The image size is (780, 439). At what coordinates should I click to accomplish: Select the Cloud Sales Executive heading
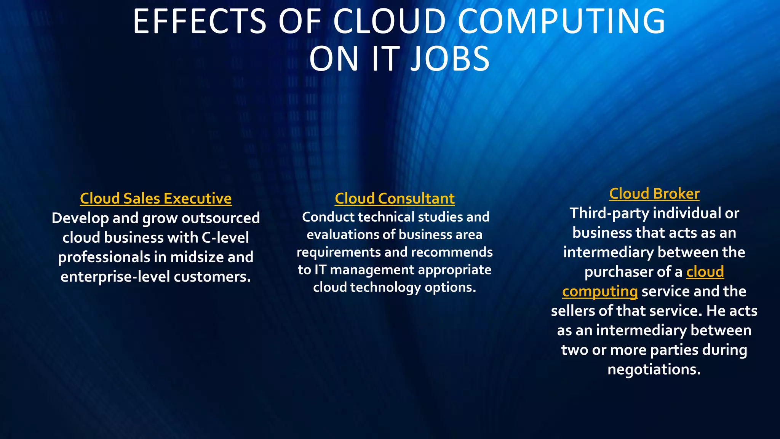(156, 199)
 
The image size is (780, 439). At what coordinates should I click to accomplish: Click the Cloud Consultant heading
(395, 199)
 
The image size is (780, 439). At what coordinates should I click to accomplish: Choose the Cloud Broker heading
(654, 194)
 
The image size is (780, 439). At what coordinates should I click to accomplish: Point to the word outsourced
(221, 218)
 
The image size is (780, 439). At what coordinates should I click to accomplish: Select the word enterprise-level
(115, 277)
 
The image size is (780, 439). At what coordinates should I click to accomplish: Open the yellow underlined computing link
(600, 292)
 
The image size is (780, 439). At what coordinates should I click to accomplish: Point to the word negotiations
(654, 369)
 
